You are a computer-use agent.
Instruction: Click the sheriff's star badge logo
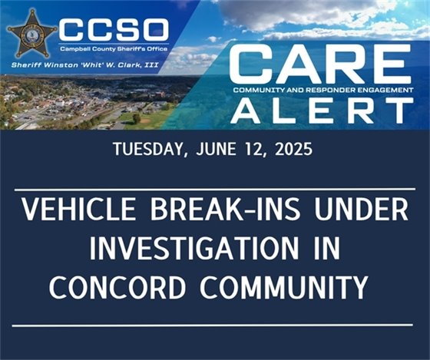click(x=32, y=32)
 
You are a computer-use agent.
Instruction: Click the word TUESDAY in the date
click(x=145, y=149)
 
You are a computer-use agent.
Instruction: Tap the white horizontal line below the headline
click(x=215, y=325)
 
